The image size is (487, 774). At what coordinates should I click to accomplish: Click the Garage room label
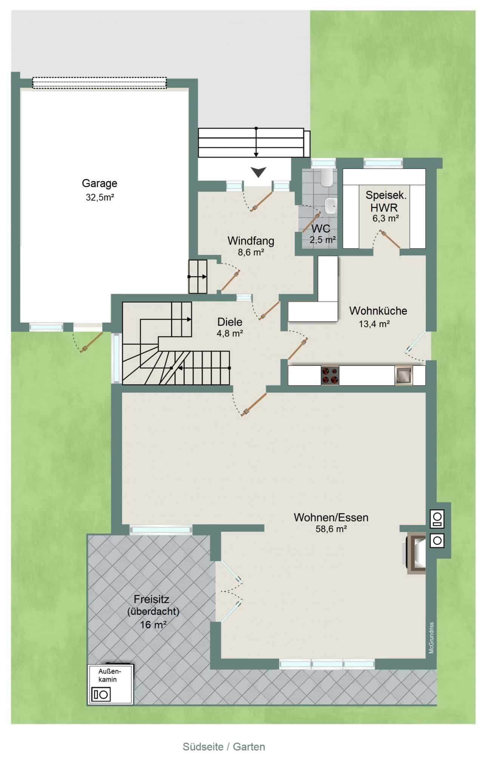(99, 184)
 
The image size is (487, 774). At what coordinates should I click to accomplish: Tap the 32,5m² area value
(100, 197)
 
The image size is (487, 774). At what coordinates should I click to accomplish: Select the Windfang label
(250, 241)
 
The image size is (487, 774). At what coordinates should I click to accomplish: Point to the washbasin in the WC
(330, 206)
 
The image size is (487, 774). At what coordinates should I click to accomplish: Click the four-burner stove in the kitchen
(330, 375)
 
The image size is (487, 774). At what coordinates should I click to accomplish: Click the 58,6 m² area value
(331, 529)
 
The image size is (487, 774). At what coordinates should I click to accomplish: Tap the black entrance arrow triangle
(258, 172)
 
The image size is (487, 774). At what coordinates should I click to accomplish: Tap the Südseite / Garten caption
(224, 747)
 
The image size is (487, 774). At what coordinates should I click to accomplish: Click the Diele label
(230, 322)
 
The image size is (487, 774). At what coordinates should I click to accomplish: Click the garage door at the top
(99, 83)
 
